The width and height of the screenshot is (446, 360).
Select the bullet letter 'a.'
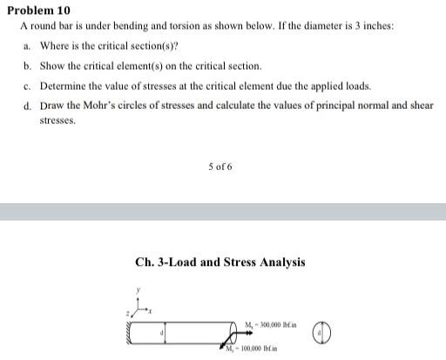pyautogui.click(x=28, y=45)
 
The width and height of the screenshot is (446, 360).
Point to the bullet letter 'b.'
pyautogui.click(x=28, y=65)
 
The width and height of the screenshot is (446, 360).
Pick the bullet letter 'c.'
pyautogui.click(x=28, y=86)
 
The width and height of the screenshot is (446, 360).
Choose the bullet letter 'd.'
pyautogui.click(x=28, y=106)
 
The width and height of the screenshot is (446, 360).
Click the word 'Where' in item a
pyautogui.click(x=53, y=45)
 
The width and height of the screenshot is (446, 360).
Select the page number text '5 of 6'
pyautogui.click(x=220, y=166)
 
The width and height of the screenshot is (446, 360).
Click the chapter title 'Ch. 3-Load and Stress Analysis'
pyautogui.click(x=220, y=262)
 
